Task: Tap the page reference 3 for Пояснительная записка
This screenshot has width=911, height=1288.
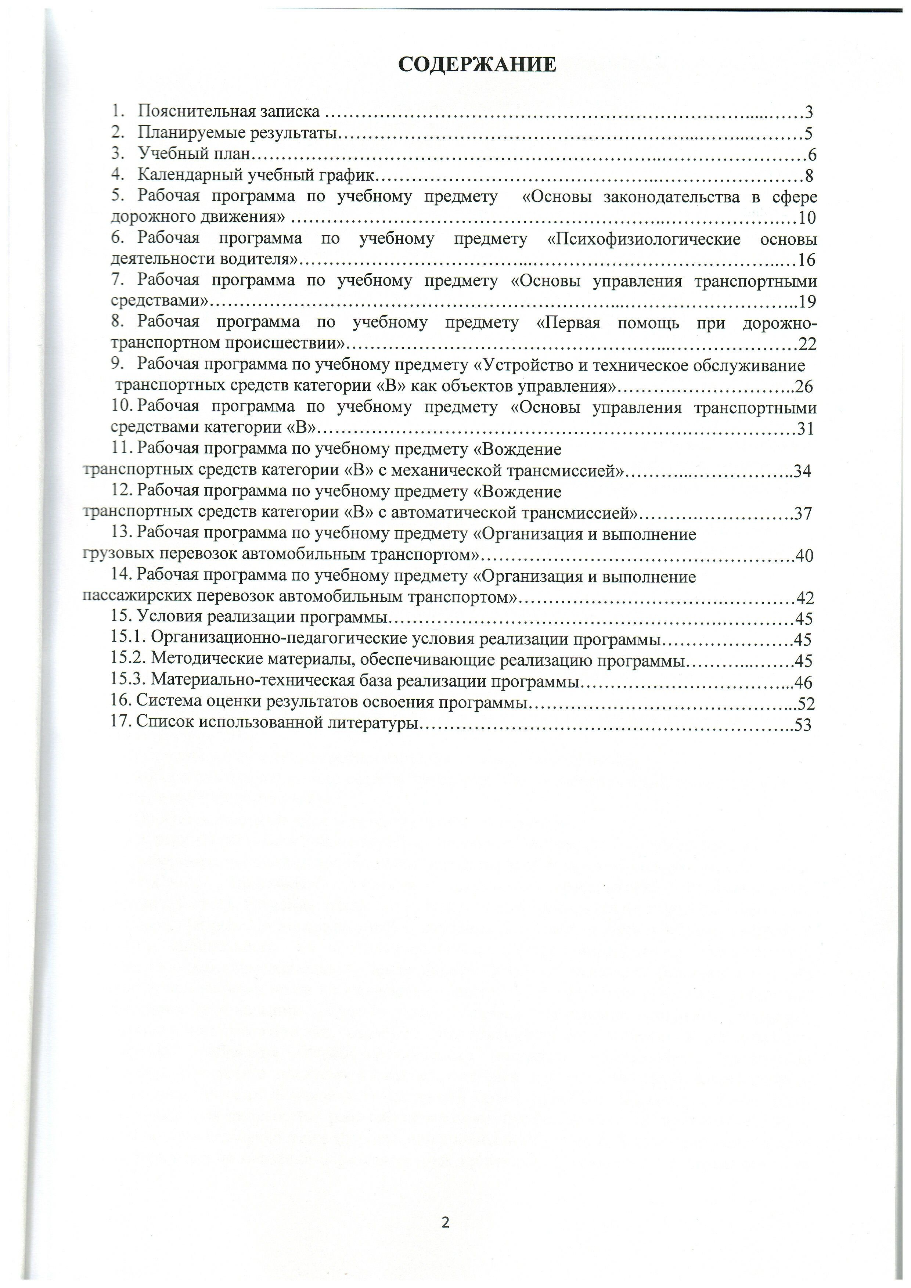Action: coord(809,112)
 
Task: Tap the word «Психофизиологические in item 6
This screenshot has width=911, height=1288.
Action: coord(644,239)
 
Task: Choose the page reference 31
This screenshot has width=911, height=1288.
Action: coord(806,429)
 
